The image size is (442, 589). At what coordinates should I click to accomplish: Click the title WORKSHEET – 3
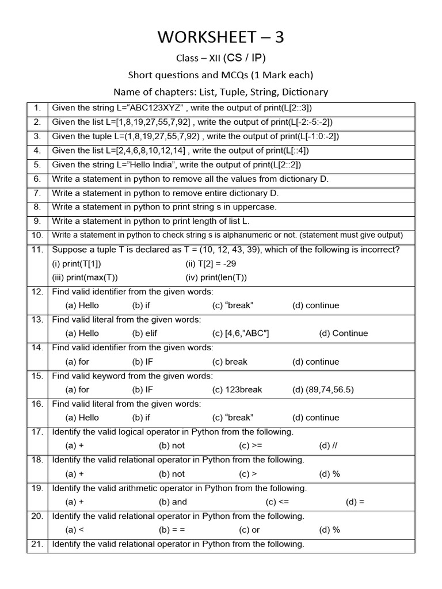pyautogui.click(x=221, y=37)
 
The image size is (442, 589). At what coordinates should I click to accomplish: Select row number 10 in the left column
pyautogui.click(x=37, y=235)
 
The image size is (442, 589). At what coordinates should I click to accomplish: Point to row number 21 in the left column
pyautogui.click(x=37, y=544)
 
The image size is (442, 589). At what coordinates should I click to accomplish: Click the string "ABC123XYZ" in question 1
pyautogui.click(x=155, y=108)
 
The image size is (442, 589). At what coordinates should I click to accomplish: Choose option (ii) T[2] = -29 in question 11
pyautogui.click(x=211, y=263)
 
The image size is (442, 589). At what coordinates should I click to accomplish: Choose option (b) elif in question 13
pyautogui.click(x=144, y=333)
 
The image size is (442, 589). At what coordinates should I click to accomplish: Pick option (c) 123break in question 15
pyautogui.click(x=237, y=389)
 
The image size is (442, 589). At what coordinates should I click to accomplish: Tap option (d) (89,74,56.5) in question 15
pyautogui.click(x=323, y=389)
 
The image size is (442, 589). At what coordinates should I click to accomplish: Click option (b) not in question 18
pyautogui.click(x=172, y=474)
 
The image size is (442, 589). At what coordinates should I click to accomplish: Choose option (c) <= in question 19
pyautogui.click(x=277, y=502)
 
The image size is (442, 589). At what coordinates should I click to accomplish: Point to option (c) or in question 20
pyautogui.click(x=249, y=530)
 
